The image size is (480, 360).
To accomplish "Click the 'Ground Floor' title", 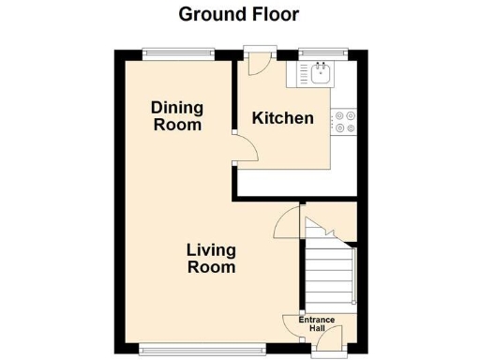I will point(238,14).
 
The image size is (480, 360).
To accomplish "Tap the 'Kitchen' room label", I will point(282,118).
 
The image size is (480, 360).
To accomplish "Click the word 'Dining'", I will point(176,108).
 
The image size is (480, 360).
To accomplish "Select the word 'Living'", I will point(211,250).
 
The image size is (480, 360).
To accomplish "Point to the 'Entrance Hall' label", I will point(317,323).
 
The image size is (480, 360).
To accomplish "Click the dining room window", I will point(178,52).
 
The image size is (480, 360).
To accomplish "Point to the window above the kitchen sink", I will point(323,52).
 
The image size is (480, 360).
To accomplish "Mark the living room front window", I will point(202,350).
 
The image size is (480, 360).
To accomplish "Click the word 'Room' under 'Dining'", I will point(177,125).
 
